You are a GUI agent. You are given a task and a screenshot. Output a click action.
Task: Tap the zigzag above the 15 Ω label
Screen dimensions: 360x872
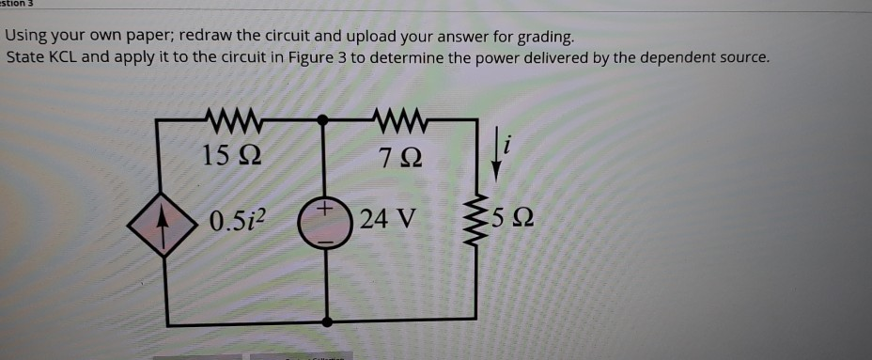pos(226,119)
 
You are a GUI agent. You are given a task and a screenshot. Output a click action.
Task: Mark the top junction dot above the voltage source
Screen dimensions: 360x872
pos(323,119)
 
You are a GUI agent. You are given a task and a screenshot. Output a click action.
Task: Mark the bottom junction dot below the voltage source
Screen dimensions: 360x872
pos(327,321)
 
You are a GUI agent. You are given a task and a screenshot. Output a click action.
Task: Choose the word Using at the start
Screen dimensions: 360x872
pos(28,38)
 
